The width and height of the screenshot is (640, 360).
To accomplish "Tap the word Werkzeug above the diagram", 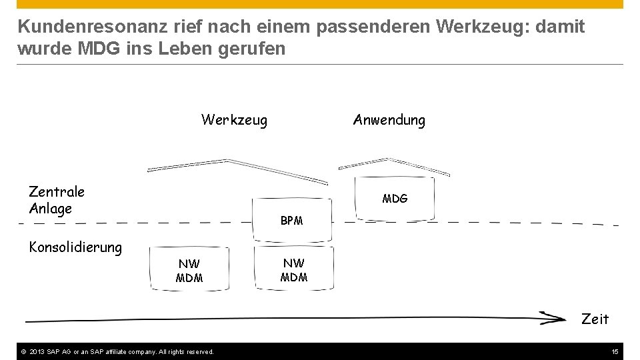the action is [234, 121].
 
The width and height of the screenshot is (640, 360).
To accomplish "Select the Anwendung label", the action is [389, 121].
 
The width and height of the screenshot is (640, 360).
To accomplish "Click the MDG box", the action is [395, 199].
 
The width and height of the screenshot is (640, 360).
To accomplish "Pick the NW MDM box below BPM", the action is [293, 270].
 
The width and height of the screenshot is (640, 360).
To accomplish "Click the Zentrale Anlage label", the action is [57, 200].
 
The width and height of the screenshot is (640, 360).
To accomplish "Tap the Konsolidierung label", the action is [75, 247].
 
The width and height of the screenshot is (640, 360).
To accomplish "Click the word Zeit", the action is [595, 319].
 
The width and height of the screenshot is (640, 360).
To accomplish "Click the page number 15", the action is [615, 351].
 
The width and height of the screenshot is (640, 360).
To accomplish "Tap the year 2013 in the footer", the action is [36, 351].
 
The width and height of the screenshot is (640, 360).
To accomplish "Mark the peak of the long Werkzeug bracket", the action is [228, 160].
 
